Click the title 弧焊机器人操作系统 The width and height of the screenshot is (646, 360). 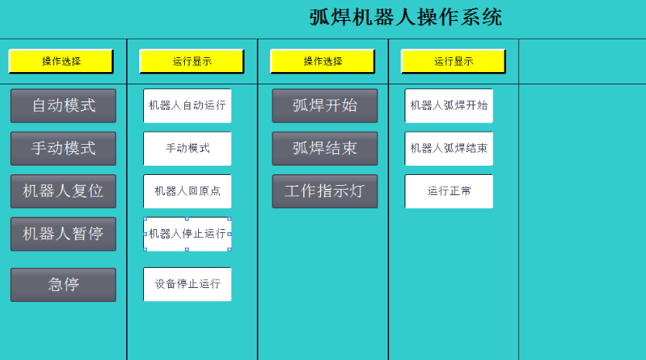click(406, 18)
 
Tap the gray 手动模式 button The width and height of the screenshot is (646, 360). click(63, 149)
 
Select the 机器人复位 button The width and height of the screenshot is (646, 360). click(63, 191)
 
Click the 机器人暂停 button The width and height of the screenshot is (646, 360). click(63, 234)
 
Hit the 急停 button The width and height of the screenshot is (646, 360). click(63, 285)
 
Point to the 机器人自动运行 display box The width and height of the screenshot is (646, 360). click(187, 105)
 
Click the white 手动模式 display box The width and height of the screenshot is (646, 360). click(187, 149)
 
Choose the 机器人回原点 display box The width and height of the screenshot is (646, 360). click(187, 191)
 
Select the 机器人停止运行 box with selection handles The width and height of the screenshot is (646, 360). click(187, 234)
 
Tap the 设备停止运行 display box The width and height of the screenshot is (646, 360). click(187, 284)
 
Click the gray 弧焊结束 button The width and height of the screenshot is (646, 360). click(325, 149)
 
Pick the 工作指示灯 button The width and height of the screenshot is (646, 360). click(325, 191)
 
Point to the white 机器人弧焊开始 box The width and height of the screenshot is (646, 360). click(449, 105)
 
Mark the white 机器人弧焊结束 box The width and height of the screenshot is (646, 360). click(449, 149)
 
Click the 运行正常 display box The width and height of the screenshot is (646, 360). click(449, 191)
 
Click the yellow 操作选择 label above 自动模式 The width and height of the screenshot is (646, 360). click(61, 61)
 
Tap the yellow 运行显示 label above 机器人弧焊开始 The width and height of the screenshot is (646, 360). click(453, 61)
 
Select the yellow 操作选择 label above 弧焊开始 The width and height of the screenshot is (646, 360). click(323, 61)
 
